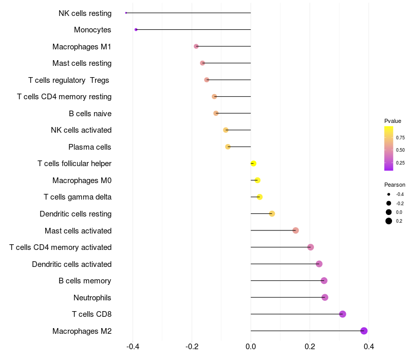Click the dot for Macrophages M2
tap(364, 331)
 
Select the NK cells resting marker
tap(126, 12)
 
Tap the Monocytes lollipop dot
tap(136, 29)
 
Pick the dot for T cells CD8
tap(343, 314)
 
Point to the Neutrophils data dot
tap(325, 297)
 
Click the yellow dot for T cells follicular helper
tap(253, 164)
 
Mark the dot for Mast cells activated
tap(295, 230)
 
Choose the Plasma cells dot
tap(228, 147)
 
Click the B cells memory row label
tap(85, 281)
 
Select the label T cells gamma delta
tap(78, 197)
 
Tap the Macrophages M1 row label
tap(82, 47)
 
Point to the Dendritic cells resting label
tap(76, 214)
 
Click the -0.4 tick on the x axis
tap(133, 346)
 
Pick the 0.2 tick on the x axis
tap(310, 346)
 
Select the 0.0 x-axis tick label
tap(251, 346)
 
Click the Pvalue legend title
tap(393, 121)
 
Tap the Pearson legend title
tap(395, 185)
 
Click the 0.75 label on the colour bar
tap(400, 138)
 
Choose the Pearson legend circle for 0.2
tap(389, 221)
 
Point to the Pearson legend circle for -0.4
tap(389, 194)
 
